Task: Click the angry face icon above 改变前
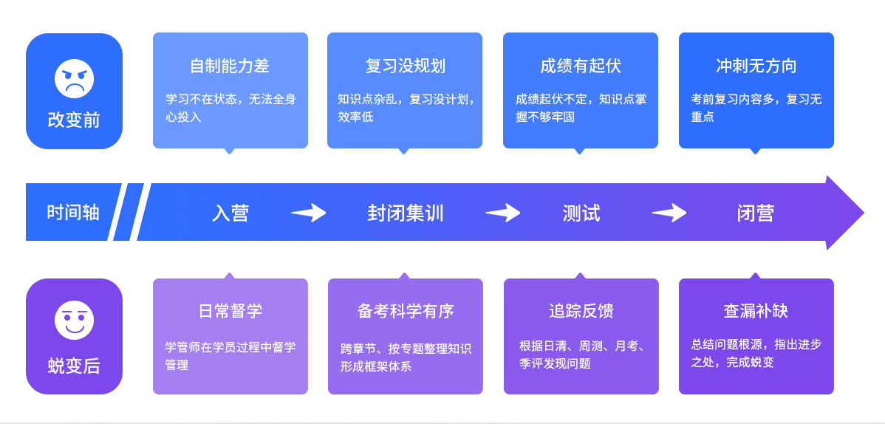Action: [74, 79]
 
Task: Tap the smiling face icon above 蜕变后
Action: [74, 321]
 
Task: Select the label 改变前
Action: [74, 120]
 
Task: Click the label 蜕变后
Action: [74, 366]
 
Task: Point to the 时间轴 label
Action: [73, 213]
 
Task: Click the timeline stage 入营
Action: [230, 213]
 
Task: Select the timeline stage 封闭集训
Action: [406, 213]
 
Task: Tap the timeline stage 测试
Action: [581, 213]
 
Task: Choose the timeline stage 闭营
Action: [755, 213]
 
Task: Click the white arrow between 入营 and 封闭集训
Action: [309, 213]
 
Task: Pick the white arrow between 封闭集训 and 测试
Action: [503, 213]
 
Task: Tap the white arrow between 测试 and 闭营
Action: [669, 213]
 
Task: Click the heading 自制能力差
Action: [230, 66]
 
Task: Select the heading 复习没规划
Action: [405, 66]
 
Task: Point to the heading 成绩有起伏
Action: [581, 66]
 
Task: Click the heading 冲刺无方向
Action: [756, 66]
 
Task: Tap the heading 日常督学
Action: [230, 311]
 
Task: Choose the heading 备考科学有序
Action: [406, 311]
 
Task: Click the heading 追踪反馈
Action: [581, 311]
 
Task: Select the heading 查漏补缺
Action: [756, 311]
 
